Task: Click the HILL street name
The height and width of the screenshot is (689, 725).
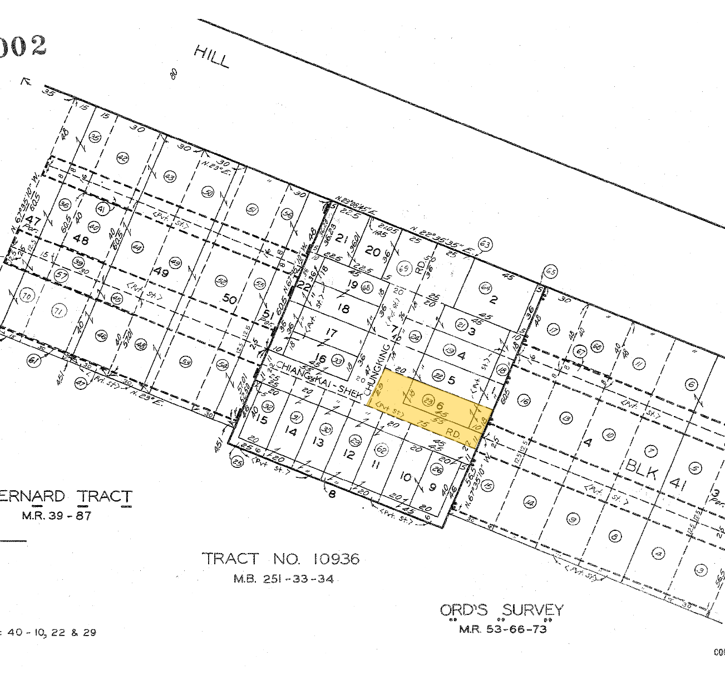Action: click(211, 57)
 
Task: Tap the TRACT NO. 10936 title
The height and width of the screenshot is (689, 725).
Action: click(280, 559)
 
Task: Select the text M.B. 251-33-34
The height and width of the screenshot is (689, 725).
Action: click(284, 579)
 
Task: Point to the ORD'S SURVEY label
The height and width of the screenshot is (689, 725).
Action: click(501, 610)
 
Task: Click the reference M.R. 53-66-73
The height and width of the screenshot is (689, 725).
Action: click(502, 629)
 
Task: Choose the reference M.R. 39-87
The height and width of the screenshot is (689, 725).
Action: click(56, 515)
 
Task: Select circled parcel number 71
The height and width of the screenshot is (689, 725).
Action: click(58, 311)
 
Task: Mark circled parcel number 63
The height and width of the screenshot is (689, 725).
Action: click(485, 244)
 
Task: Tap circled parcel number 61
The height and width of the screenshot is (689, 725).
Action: click(33, 361)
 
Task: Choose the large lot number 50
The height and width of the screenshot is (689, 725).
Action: click(229, 299)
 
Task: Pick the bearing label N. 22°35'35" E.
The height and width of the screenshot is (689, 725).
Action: click(441, 241)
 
